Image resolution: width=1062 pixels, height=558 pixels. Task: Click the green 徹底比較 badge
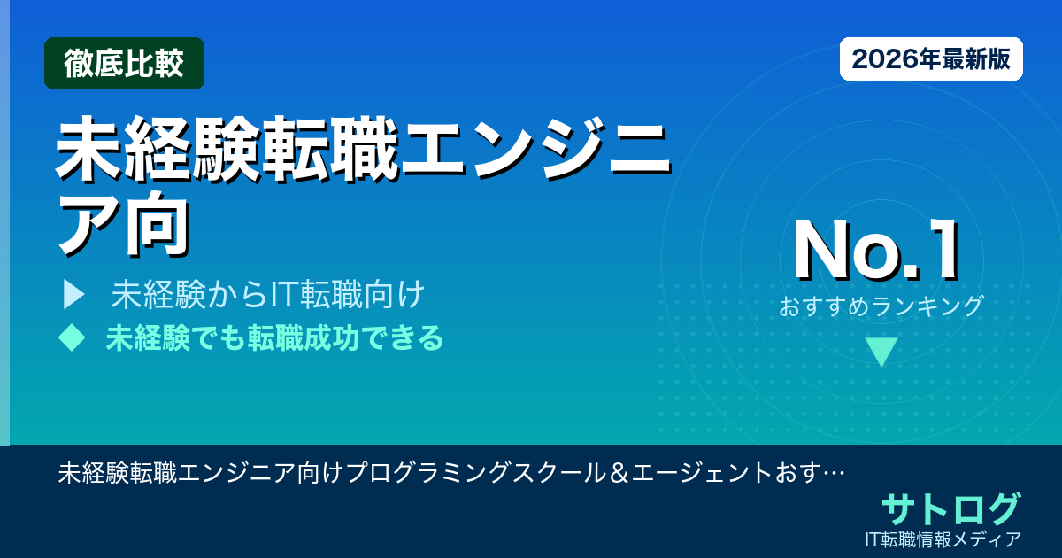124,64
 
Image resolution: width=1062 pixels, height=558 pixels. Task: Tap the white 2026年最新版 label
931,59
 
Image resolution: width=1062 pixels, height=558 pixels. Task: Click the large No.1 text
876,252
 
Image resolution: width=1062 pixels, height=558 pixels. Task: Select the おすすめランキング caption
881,306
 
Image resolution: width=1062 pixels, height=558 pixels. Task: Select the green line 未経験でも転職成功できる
274,337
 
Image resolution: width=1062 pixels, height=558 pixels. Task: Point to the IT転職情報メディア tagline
944,539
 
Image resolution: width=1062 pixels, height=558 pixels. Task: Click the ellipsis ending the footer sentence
832,473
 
